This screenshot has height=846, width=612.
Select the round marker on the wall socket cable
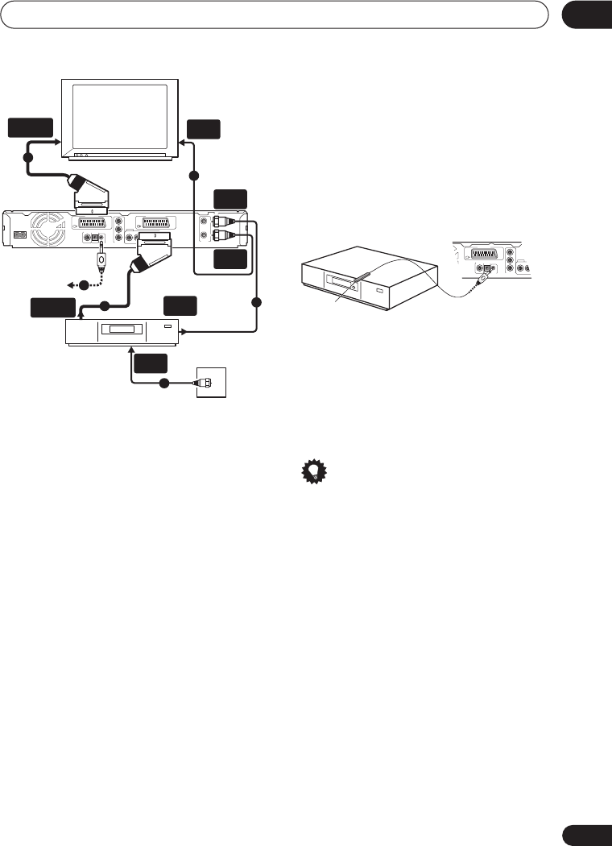click(163, 383)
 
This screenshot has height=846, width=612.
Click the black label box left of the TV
click(31, 128)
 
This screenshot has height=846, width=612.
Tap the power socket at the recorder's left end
click(19, 236)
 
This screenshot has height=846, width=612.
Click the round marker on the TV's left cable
click(28, 157)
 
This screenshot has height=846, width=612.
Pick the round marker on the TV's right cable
click(193, 175)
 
